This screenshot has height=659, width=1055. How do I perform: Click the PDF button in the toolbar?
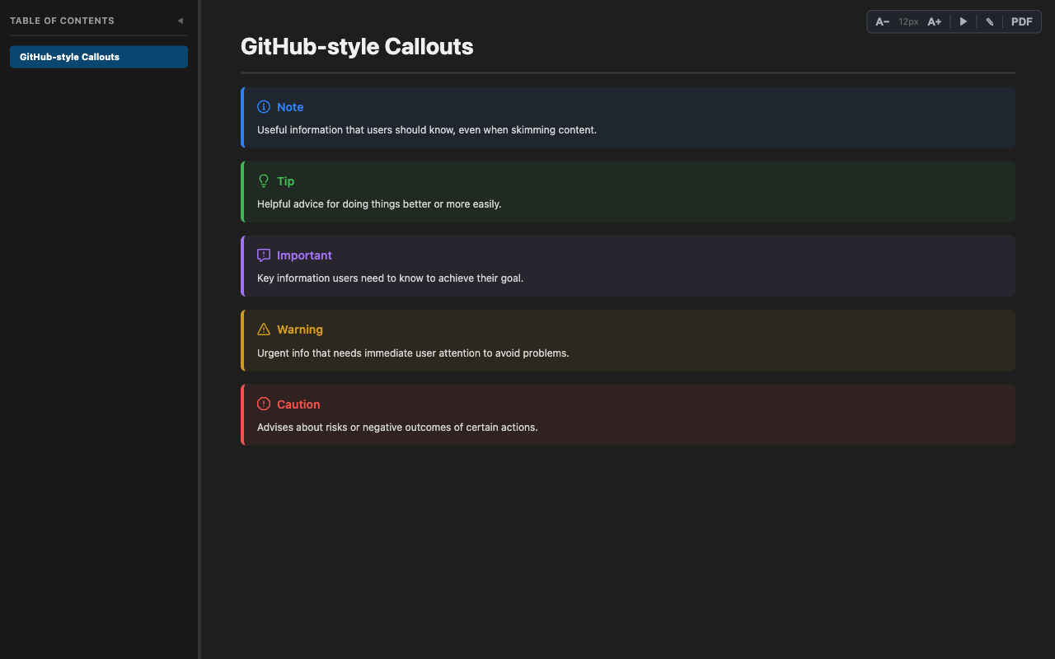click(1021, 21)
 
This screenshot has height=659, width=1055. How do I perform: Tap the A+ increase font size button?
click(934, 21)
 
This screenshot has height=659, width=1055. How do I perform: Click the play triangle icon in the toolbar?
click(963, 21)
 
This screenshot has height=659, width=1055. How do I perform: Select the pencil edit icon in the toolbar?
click(990, 21)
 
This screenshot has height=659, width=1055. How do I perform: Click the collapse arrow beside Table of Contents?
click(181, 21)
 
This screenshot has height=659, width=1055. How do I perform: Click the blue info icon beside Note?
click(264, 107)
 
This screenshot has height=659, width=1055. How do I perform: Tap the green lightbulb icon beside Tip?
click(264, 181)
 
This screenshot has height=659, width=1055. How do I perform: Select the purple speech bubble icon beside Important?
click(264, 255)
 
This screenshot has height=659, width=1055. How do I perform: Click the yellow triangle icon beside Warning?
click(264, 329)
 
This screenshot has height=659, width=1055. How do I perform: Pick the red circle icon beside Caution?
click(264, 404)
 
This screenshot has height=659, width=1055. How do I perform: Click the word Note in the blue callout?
click(290, 107)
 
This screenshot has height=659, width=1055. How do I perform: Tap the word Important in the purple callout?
click(304, 255)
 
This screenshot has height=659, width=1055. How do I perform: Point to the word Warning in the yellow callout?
click(300, 329)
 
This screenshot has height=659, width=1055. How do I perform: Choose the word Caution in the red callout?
click(298, 404)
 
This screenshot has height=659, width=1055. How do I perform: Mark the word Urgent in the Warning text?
click(274, 353)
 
